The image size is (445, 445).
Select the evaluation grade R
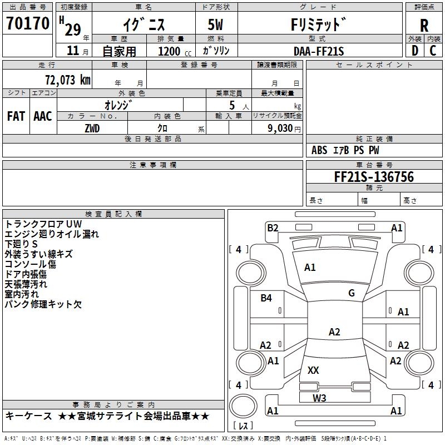pyautogui.click(x=424, y=26)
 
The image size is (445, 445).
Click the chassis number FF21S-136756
pyautogui.click(x=374, y=177)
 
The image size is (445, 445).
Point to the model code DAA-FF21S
pyautogui.click(x=319, y=51)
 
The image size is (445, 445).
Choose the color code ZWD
pyautogui.click(x=92, y=128)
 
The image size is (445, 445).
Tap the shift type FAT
pyautogui.click(x=16, y=116)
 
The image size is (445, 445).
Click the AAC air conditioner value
pyautogui.click(x=43, y=116)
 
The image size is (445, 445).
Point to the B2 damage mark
pyautogui.click(x=272, y=228)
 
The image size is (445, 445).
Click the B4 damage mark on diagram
pyautogui.click(x=266, y=298)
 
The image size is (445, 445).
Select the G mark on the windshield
pyautogui.click(x=352, y=293)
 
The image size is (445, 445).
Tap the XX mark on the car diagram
pyautogui.click(x=313, y=370)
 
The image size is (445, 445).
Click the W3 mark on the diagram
pyautogui.click(x=319, y=398)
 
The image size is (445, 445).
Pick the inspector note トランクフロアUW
pyautogui.click(x=43, y=224)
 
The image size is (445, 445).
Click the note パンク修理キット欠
pyautogui.click(x=43, y=304)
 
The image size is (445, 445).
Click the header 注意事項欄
pyautogui.click(x=152, y=165)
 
